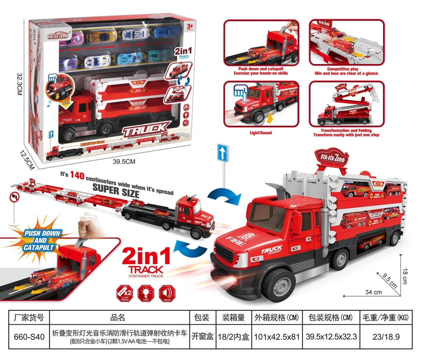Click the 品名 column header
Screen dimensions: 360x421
tap(118, 318)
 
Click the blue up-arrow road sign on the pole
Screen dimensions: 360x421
tap(223, 153)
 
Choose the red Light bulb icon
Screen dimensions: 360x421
tap(146, 293)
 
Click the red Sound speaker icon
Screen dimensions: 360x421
tap(167, 293)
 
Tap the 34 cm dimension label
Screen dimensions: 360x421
tap(373, 292)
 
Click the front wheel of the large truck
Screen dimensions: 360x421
tap(278, 285)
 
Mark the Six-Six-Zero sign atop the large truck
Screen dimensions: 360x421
tap(331, 157)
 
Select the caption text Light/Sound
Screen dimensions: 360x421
tap(261, 133)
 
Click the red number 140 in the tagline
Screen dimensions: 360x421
tap(77, 176)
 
